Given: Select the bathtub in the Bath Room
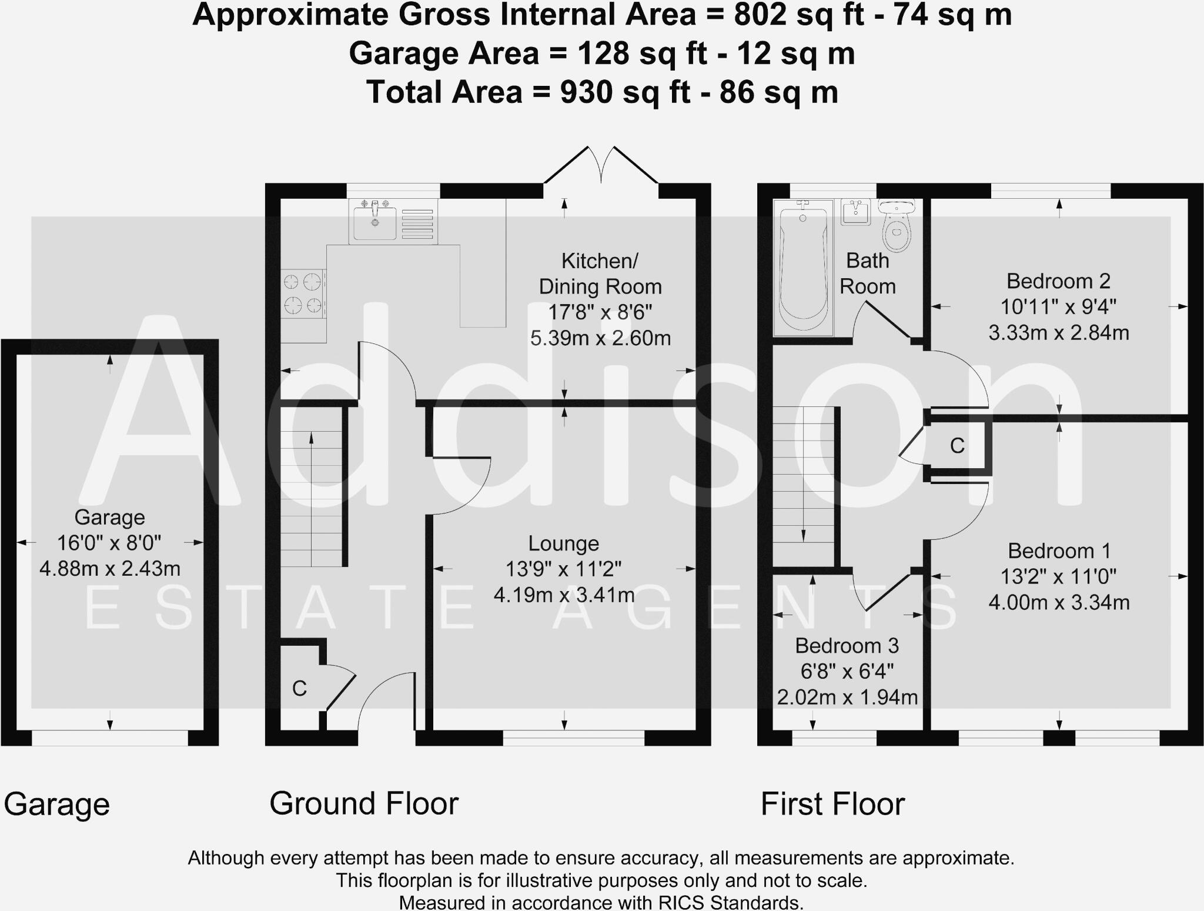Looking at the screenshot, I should tap(803, 268).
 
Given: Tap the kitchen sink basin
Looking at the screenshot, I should tap(375, 222).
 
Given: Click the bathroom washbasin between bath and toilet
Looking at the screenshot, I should tap(856, 212).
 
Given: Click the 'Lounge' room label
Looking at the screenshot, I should tap(563, 543).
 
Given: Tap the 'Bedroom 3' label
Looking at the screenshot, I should tap(847, 646).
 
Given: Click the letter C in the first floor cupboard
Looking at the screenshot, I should tap(957, 446).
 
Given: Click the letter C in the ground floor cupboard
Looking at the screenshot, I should tap(299, 689).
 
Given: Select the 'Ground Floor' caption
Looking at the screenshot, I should tap(364, 803).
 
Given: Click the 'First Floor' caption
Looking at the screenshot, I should tap(832, 804).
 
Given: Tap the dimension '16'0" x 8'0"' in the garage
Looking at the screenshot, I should tap(109, 543).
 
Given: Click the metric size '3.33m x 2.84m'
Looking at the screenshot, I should tap(1058, 333).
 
